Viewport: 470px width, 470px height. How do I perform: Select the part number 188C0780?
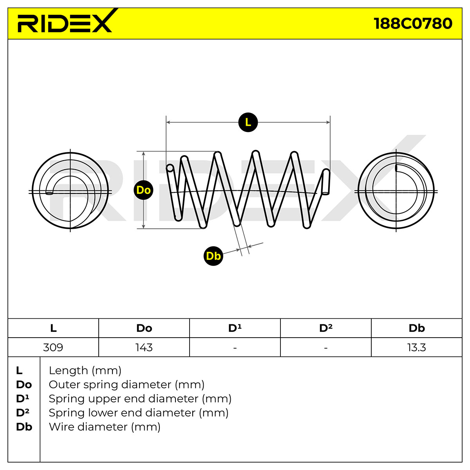[413, 23]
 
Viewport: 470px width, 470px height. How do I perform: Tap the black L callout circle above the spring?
[248, 122]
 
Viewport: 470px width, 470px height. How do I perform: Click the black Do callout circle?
[143, 190]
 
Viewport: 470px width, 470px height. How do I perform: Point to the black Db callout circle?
[213, 256]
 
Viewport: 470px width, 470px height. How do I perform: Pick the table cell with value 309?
[53, 347]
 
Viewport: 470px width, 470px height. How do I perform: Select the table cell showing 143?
[144, 347]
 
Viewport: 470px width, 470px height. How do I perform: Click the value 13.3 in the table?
[417, 347]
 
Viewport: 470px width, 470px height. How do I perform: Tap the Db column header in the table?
[417, 328]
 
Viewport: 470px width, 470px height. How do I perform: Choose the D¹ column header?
[235, 328]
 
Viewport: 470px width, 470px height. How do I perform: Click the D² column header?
[326, 328]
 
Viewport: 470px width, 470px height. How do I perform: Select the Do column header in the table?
[144, 328]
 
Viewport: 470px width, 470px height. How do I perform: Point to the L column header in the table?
[53, 328]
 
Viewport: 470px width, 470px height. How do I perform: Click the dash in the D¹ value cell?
[235, 348]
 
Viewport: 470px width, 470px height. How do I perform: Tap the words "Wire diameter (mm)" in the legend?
[105, 427]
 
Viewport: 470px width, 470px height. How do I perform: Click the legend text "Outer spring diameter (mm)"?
[127, 385]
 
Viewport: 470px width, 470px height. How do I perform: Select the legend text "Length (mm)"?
[85, 371]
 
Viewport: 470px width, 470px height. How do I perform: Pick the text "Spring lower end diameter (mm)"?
[139, 413]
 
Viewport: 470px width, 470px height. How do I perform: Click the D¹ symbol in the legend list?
[22, 399]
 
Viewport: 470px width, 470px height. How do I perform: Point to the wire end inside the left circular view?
[49, 193]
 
